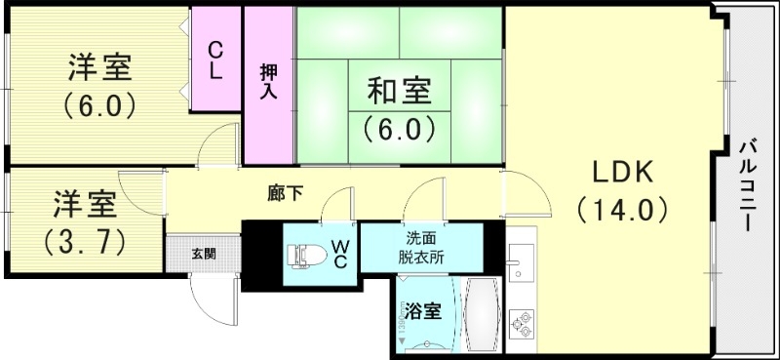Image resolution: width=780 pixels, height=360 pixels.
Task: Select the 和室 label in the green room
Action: coord(397,93)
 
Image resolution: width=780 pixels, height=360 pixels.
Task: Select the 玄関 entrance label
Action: coord(203,255)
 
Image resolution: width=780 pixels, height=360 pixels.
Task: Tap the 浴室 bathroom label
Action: coord(424,313)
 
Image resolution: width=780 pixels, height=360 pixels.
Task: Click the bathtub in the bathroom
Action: coord(483,316)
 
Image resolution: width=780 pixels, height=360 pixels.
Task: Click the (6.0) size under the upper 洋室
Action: coord(97,105)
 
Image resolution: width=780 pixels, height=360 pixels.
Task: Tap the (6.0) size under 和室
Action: coord(398,127)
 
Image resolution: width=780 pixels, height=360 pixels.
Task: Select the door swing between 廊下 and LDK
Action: coord(523,193)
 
